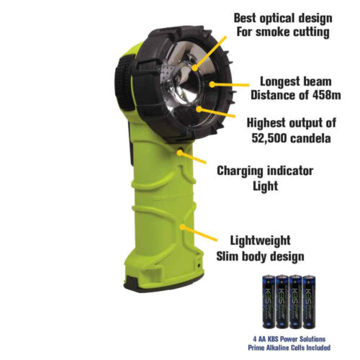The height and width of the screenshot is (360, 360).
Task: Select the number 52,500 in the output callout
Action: click(x=273, y=138)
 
